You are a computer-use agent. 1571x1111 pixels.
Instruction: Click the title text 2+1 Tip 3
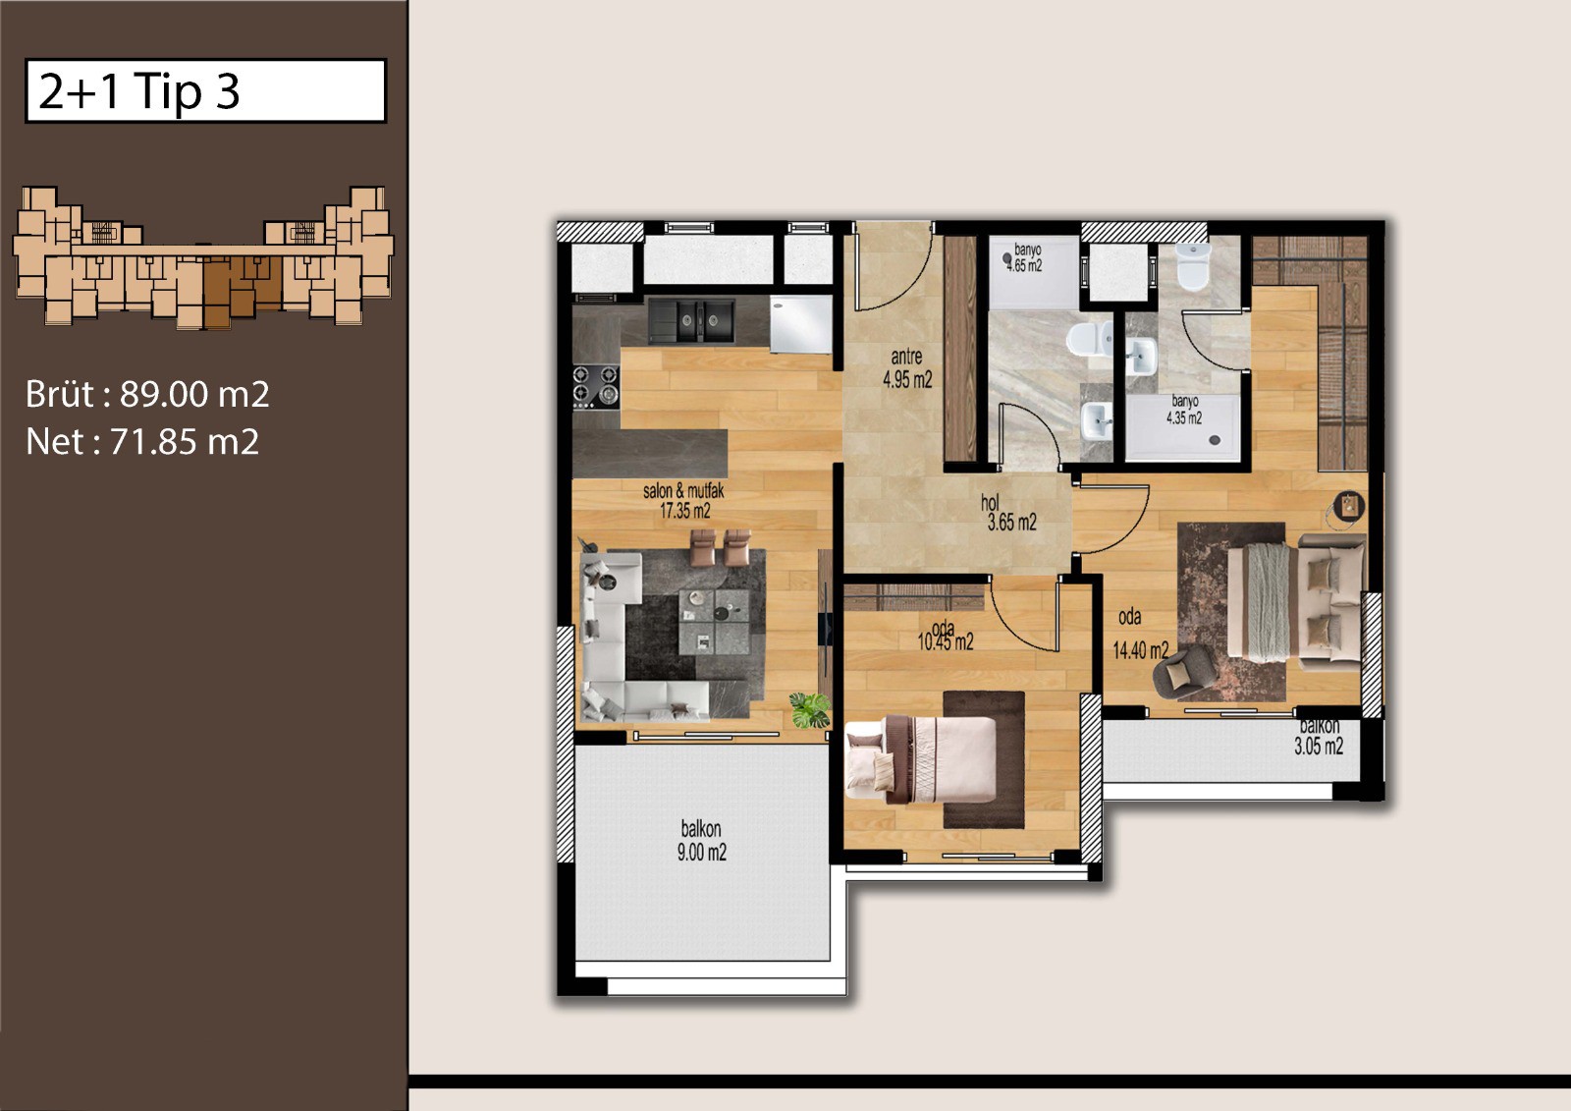pos(138,92)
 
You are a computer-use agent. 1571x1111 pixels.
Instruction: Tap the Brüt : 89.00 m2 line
pos(147,395)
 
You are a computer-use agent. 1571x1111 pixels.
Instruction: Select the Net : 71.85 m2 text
pos(142,441)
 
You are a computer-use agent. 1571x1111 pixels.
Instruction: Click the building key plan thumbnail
pos(202,256)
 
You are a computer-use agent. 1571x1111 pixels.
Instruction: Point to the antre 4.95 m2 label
pos(907,368)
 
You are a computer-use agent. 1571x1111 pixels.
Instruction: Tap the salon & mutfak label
pos(683,501)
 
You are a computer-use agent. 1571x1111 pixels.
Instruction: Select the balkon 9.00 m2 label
pos(701,841)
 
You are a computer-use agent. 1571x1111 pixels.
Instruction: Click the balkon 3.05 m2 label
pos(1319,737)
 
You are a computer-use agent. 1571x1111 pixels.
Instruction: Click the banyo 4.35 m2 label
pos(1184,410)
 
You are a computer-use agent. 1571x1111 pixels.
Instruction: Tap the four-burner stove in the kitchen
pos(596,387)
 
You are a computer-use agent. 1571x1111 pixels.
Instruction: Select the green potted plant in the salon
pos(809,709)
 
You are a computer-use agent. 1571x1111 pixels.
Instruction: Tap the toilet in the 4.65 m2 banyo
pos(1089,340)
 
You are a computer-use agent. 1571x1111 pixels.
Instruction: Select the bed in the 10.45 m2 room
pos(922,758)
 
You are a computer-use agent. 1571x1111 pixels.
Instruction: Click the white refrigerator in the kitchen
pos(801,324)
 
